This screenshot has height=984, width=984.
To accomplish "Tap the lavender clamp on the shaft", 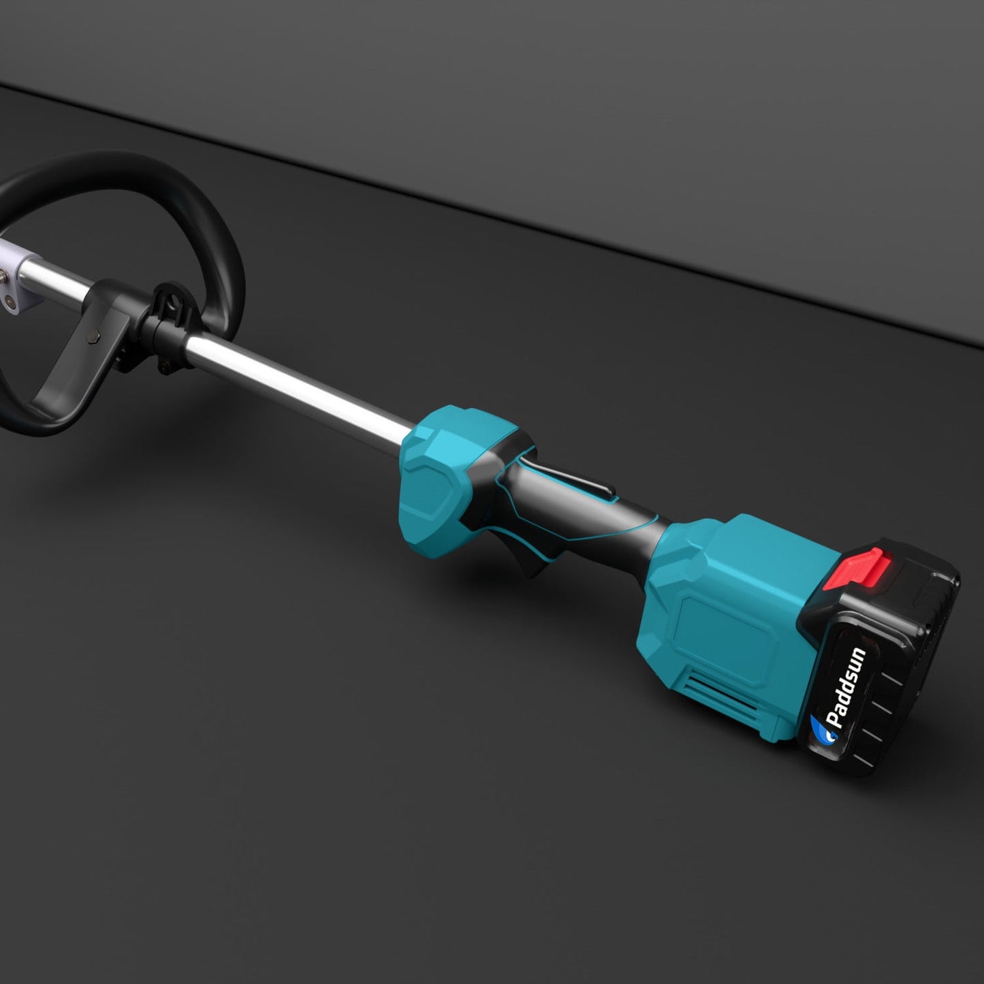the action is (15, 279).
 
